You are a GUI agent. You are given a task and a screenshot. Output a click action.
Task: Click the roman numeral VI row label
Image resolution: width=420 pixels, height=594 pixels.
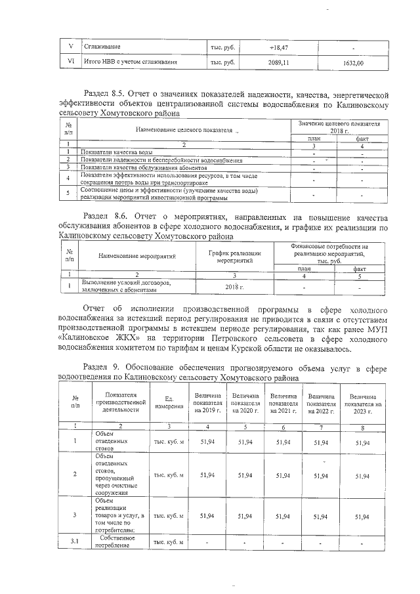[x=70, y=63]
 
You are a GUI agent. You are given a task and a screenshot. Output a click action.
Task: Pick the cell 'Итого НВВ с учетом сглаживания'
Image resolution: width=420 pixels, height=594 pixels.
[x=131, y=63]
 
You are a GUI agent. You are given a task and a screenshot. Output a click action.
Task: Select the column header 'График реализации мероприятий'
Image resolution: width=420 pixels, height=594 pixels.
[x=235, y=257]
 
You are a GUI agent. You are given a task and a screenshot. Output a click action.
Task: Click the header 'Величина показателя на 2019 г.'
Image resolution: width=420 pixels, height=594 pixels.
[x=209, y=402]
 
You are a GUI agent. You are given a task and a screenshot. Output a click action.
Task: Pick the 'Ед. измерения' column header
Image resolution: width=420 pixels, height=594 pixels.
[x=169, y=402]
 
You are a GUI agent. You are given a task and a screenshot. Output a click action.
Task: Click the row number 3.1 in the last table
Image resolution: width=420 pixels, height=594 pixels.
[x=75, y=542]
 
